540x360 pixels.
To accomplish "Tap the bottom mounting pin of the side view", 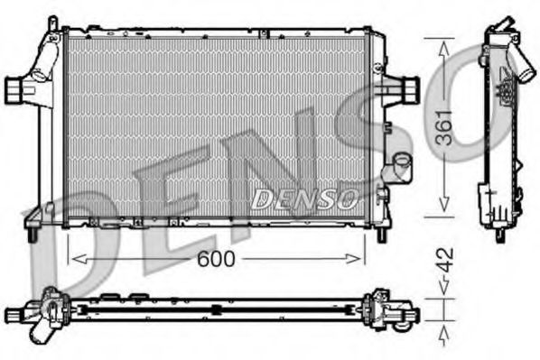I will [499, 235].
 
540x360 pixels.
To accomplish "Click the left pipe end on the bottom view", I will [13, 315].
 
